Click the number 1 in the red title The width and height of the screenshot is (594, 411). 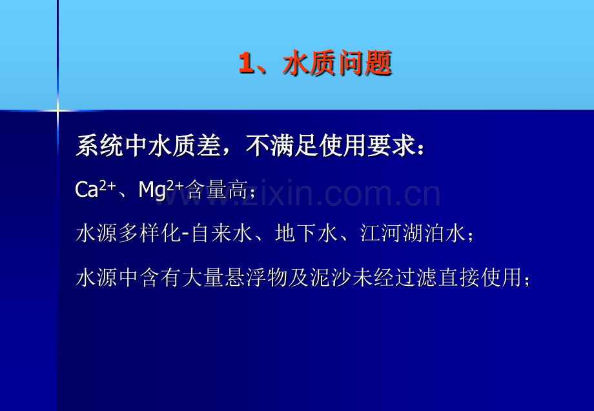click(246, 63)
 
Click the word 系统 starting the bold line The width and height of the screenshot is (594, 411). click(99, 145)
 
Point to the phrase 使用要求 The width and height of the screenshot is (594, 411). click(367, 145)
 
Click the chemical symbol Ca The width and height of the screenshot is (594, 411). click(87, 190)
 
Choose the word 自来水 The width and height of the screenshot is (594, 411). click(222, 233)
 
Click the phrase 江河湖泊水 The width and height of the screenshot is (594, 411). click(413, 233)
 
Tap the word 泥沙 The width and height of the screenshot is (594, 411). click(331, 277)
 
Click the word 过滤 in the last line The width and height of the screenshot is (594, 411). click(416, 277)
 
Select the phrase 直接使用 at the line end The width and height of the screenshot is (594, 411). click(480, 277)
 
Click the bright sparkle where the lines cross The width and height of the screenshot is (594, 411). click(57, 110)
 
